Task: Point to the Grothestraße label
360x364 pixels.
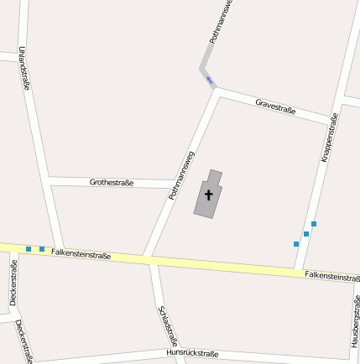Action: coord(112,182)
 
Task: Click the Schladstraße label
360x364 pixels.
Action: coord(168,325)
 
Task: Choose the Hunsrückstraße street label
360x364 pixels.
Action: coord(192,353)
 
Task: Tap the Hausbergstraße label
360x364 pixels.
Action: coord(355,322)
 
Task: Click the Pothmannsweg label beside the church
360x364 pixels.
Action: coord(181,174)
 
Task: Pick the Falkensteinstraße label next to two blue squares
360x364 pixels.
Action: coord(81,253)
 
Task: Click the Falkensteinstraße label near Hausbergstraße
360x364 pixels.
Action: coord(332,276)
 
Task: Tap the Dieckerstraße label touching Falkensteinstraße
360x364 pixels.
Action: coord(13,283)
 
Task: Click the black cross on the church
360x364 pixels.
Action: coord(209,195)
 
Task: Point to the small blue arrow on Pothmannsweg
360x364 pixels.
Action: coord(210,81)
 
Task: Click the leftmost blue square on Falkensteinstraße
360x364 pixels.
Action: coord(29,249)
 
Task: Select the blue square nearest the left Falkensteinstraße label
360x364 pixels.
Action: coord(42,249)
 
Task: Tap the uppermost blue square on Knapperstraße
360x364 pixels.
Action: coord(314,224)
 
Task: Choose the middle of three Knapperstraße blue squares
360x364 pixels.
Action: coord(306,234)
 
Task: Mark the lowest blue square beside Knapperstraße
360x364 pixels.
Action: coord(296,244)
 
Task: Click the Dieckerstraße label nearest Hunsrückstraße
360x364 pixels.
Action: coord(23,341)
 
